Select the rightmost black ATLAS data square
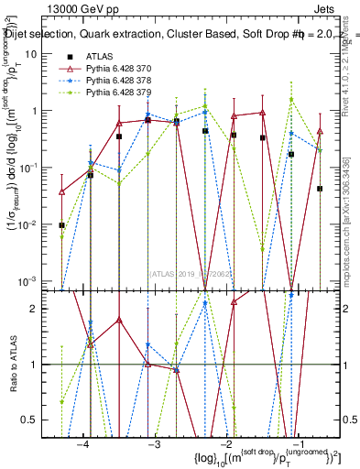tap(320, 189)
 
